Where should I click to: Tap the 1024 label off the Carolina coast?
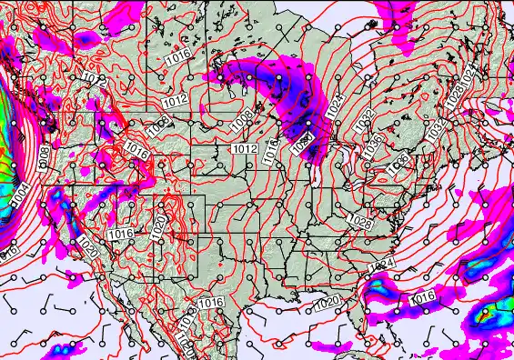click(x=382, y=264)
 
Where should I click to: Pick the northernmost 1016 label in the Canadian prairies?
click(x=178, y=59)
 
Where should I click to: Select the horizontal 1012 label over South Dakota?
click(x=243, y=147)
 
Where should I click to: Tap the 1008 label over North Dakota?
click(x=241, y=116)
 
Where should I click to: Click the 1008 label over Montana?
click(x=161, y=124)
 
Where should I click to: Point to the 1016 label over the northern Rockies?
click(x=136, y=151)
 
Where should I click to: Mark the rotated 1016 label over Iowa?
click(x=271, y=155)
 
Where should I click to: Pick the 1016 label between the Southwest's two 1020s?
click(x=120, y=235)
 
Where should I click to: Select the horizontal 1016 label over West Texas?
click(x=211, y=303)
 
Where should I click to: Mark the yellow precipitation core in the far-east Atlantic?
click(x=486, y=313)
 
